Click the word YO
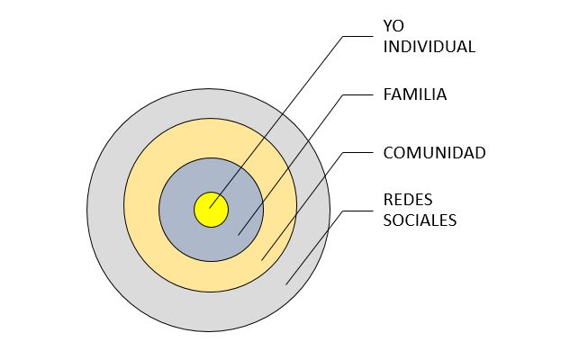tap(394, 27)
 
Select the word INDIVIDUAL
tap(429, 47)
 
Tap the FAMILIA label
tap(415, 94)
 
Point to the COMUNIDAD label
tap(434, 152)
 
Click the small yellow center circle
tap(211, 211)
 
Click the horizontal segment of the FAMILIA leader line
tap(357, 94)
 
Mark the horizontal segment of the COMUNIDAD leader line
tap(358, 152)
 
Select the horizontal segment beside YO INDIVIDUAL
tap(357, 37)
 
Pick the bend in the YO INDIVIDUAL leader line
tap(343, 37)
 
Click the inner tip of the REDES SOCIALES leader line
tap(285, 285)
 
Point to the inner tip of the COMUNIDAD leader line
tap(261, 260)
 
